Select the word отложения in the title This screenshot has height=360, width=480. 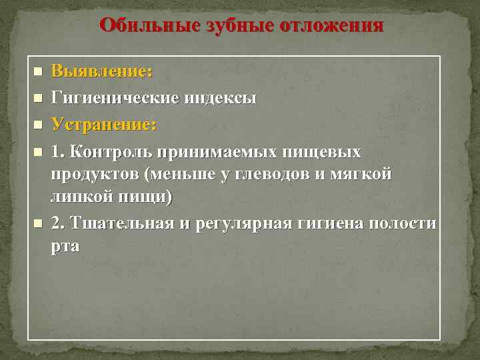coord(332,26)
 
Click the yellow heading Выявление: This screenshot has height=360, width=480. coord(102,71)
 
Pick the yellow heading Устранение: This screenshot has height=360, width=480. coord(104,125)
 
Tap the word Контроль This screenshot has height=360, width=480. coord(109,152)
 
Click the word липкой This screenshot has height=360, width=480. coord(78,197)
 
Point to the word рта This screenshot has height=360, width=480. coord(65,246)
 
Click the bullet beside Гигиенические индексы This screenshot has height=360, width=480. coord(37,98)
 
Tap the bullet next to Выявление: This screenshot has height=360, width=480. coord(37,71)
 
